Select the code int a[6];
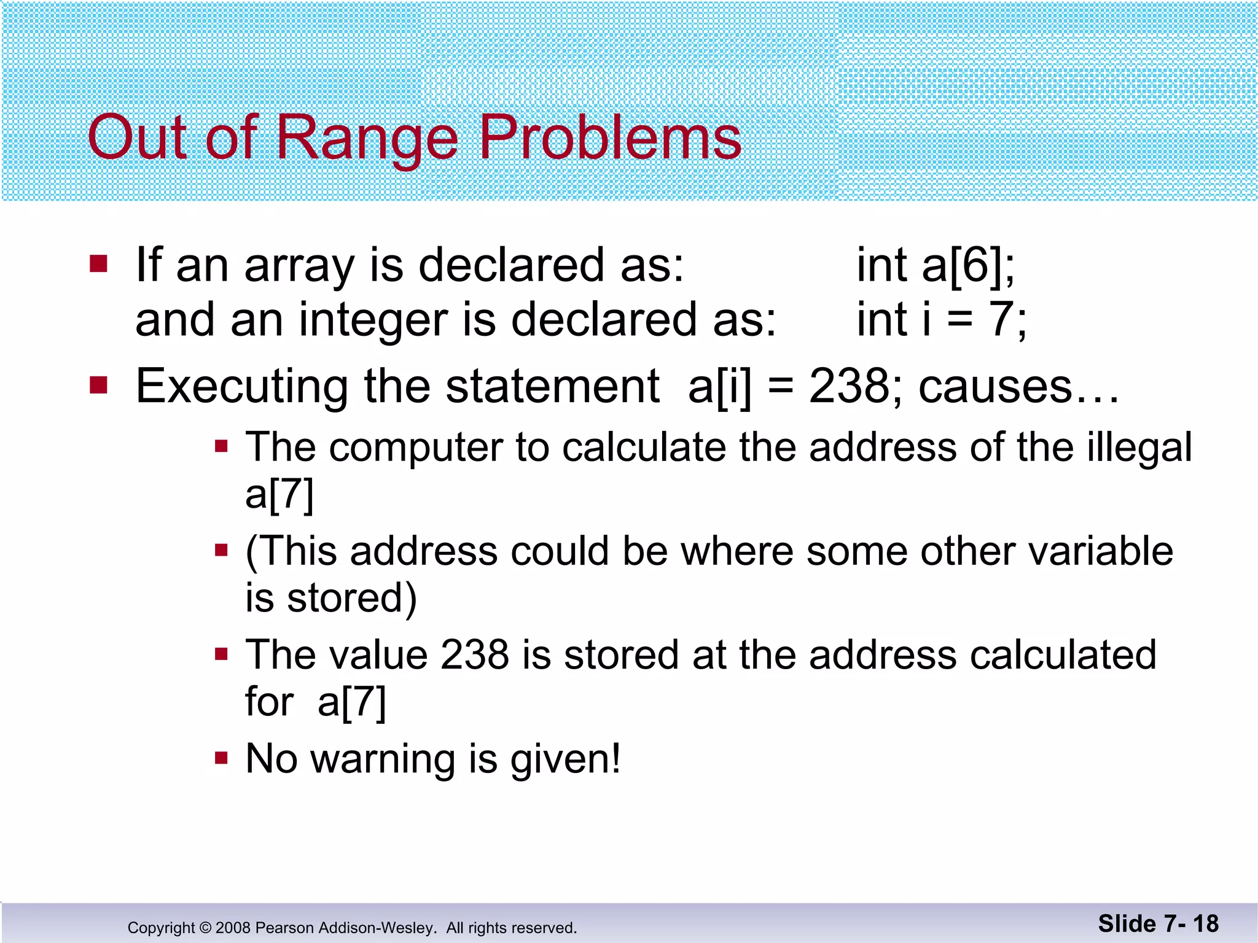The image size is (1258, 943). pyautogui.click(x=936, y=265)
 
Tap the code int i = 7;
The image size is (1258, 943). pyautogui.click(x=941, y=320)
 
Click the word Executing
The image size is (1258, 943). pyautogui.click(x=242, y=387)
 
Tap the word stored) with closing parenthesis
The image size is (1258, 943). pyautogui.click(x=351, y=598)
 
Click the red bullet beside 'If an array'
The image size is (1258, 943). pyautogui.click(x=98, y=265)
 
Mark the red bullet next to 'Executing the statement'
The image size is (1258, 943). pyautogui.click(x=98, y=386)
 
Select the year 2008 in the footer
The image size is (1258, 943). pyautogui.click(x=233, y=928)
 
